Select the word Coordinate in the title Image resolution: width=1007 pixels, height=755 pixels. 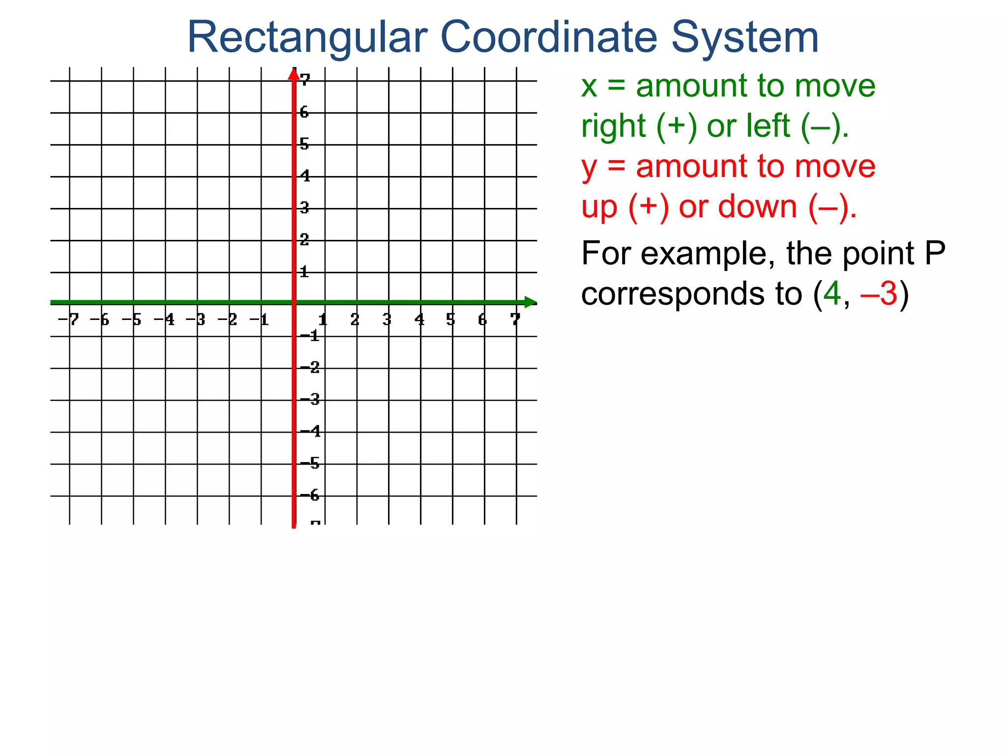click(549, 37)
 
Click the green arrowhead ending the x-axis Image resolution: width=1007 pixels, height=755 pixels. click(530, 302)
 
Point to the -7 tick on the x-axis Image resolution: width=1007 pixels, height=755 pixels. click(68, 320)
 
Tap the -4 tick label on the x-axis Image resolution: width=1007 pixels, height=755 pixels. click(165, 320)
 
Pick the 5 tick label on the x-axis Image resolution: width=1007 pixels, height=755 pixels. click(450, 320)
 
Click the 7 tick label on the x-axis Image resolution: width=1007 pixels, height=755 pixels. click(515, 320)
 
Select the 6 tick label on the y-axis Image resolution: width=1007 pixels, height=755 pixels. click(304, 113)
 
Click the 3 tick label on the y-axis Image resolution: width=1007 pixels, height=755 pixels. click(304, 208)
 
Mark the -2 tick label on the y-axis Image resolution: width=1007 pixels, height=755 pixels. click(310, 367)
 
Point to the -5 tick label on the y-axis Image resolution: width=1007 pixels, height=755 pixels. click(310, 463)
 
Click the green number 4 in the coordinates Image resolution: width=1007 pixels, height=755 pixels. click(832, 294)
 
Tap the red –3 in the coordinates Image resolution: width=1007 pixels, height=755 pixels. click(879, 294)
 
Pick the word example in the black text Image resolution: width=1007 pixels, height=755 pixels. click(704, 255)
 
